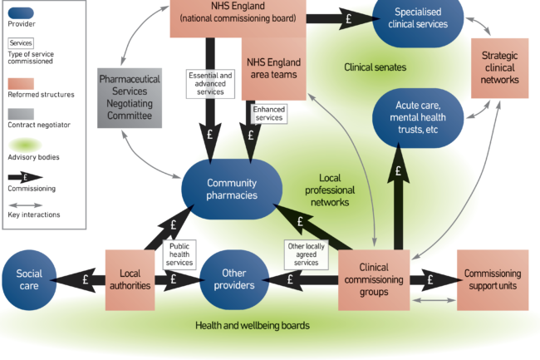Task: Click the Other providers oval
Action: coord(234,279)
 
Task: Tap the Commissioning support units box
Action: coord(493,279)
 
